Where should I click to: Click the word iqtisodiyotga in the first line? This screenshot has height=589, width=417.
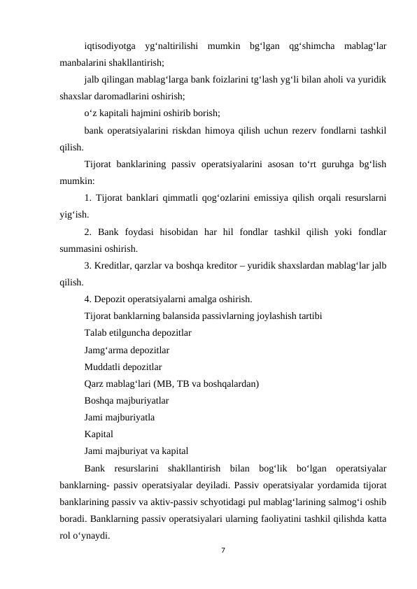point(110,47)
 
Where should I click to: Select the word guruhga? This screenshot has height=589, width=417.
point(324,164)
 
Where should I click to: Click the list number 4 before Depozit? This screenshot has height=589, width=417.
point(87,299)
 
